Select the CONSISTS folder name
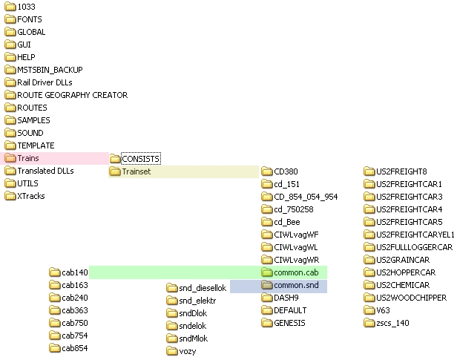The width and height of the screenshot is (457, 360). click(141, 158)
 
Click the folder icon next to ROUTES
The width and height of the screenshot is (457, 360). click(10, 108)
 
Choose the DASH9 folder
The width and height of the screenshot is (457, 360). click(286, 298)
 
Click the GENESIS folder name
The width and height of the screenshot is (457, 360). click(289, 323)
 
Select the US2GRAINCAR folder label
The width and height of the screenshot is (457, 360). click(404, 260)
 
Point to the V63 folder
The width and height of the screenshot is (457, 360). click(383, 310)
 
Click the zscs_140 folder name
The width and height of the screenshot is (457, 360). click(392, 323)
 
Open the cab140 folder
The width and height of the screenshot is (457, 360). click(74, 272)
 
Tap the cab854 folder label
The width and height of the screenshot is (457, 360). click(74, 348)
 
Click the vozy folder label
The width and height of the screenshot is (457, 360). click(188, 351)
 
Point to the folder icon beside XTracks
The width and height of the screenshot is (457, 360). click(10, 196)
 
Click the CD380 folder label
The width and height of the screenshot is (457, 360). click(286, 171)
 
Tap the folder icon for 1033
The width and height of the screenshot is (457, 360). click(10, 7)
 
